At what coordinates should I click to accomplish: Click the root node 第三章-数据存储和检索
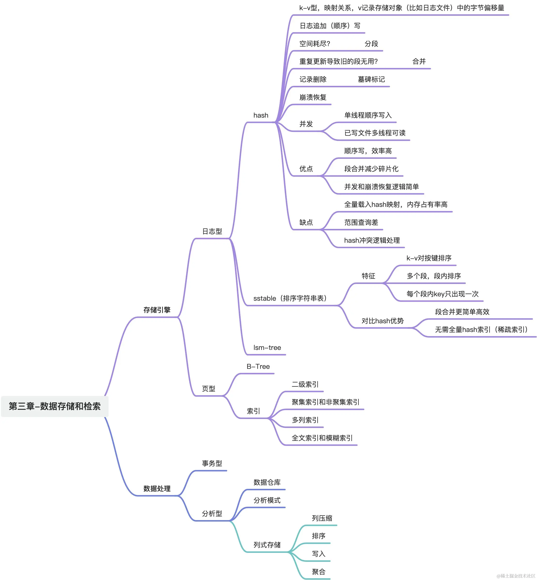pos(55,406)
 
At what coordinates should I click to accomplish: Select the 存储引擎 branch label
pos(157,310)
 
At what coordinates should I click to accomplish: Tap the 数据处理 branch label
pos(157,488)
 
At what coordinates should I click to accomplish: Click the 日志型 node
pos(212,231)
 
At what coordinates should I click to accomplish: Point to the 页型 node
pos(209,389)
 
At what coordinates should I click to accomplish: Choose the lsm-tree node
pos(267,347)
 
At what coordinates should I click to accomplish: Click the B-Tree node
pos(258,366)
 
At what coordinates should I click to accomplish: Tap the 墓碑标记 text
pos(371,79)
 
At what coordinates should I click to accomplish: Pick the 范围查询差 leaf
pos(361,222)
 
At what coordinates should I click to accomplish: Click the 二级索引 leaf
pos(305,384)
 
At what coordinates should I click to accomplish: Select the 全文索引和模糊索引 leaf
pos(322,438)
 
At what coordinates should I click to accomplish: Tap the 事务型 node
pos(212,463)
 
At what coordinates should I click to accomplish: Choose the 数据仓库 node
pos(267,482)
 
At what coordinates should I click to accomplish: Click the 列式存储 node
pos(267,545)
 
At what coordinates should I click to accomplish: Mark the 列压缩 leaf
pos(322,518)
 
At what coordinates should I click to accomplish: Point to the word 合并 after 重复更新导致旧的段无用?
pos(419,61)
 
